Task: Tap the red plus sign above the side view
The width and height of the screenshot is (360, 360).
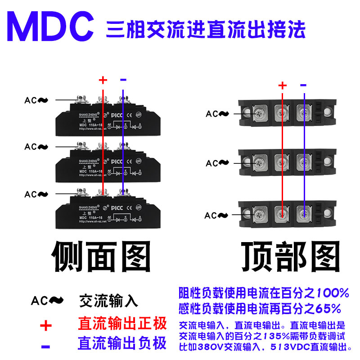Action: (x=103, y=81)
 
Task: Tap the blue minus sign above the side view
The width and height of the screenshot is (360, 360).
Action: (x=123, y=80)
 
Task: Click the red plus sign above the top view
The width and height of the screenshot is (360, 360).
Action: (x=282, y=85)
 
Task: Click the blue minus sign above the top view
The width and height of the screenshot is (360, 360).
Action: (x=303, y=85)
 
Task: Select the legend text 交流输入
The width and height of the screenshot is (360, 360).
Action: (x=108, y=301)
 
